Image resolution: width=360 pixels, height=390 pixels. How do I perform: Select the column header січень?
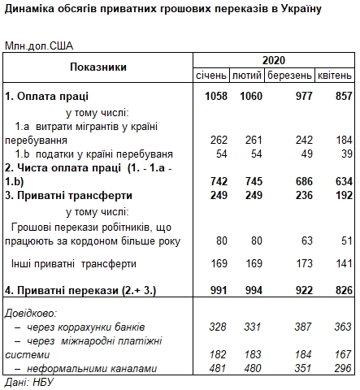tap(211, 75)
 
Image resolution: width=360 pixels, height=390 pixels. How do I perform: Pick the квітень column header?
tap(335, 75)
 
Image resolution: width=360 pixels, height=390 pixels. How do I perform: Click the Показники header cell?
tap(98, 67)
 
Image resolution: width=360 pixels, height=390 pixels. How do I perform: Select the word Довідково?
tap(31, 312)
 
